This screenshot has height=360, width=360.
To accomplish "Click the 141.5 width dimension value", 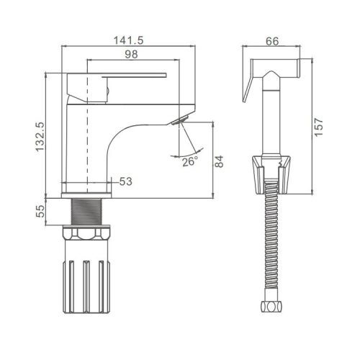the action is (x=128, y=40).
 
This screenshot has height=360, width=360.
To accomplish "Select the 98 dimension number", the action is (x=132, y=54).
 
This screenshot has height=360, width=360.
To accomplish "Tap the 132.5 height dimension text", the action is (x=40, y=137).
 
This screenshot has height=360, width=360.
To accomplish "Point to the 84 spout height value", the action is (x=219, y=161).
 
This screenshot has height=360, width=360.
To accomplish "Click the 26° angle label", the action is (x=190, y=161).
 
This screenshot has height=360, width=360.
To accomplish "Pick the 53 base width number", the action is (x=126, y=181).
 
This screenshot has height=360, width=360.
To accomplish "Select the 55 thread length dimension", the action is (x=40, y=211).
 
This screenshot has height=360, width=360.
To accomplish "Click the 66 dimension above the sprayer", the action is (x=272, y=41).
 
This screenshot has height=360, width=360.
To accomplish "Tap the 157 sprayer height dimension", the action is (x=319, y=127).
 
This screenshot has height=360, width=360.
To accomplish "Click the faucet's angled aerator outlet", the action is (x=181, y=120).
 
